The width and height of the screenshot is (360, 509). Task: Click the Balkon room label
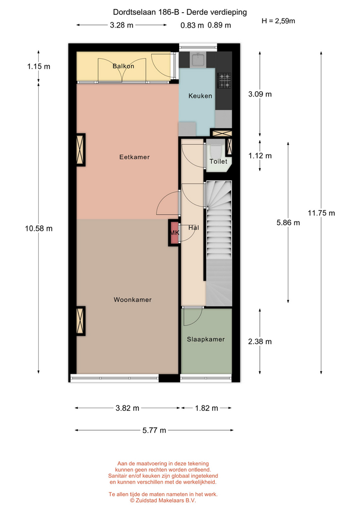[x=124, y=66]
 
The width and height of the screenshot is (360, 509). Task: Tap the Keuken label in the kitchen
[x=200, y=96]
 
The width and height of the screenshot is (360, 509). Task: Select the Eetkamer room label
[x=134, y=157]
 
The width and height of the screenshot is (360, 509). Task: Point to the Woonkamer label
[x=133, y=300]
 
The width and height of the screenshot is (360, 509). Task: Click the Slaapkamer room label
[x=206, y=339]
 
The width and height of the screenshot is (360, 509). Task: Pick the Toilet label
[x=218, y=161]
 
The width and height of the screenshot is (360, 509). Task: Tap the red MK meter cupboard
[x=174, y=232]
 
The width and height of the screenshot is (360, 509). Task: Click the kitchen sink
[x=198, y=60]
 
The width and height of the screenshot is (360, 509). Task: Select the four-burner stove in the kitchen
[x=224, y=81]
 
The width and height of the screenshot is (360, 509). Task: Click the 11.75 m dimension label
[x=321, y=213]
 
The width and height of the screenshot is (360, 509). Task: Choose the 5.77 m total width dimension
[x=154, y=431]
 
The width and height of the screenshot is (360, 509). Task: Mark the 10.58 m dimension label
[x=39, y=229]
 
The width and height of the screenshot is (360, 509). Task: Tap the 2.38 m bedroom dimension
[x=260, y=341]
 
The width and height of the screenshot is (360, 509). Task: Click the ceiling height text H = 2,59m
[x=278, y=21]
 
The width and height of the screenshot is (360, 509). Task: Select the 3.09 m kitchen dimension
[x=260, y=94]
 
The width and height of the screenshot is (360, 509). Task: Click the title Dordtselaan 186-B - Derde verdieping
[x=180, y=12]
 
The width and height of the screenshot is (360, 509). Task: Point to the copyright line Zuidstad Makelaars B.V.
[x=163, y=501]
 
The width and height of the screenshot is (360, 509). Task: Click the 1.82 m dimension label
[x=206, y=408]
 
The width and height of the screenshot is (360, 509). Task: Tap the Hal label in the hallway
[x=194, y=227]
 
